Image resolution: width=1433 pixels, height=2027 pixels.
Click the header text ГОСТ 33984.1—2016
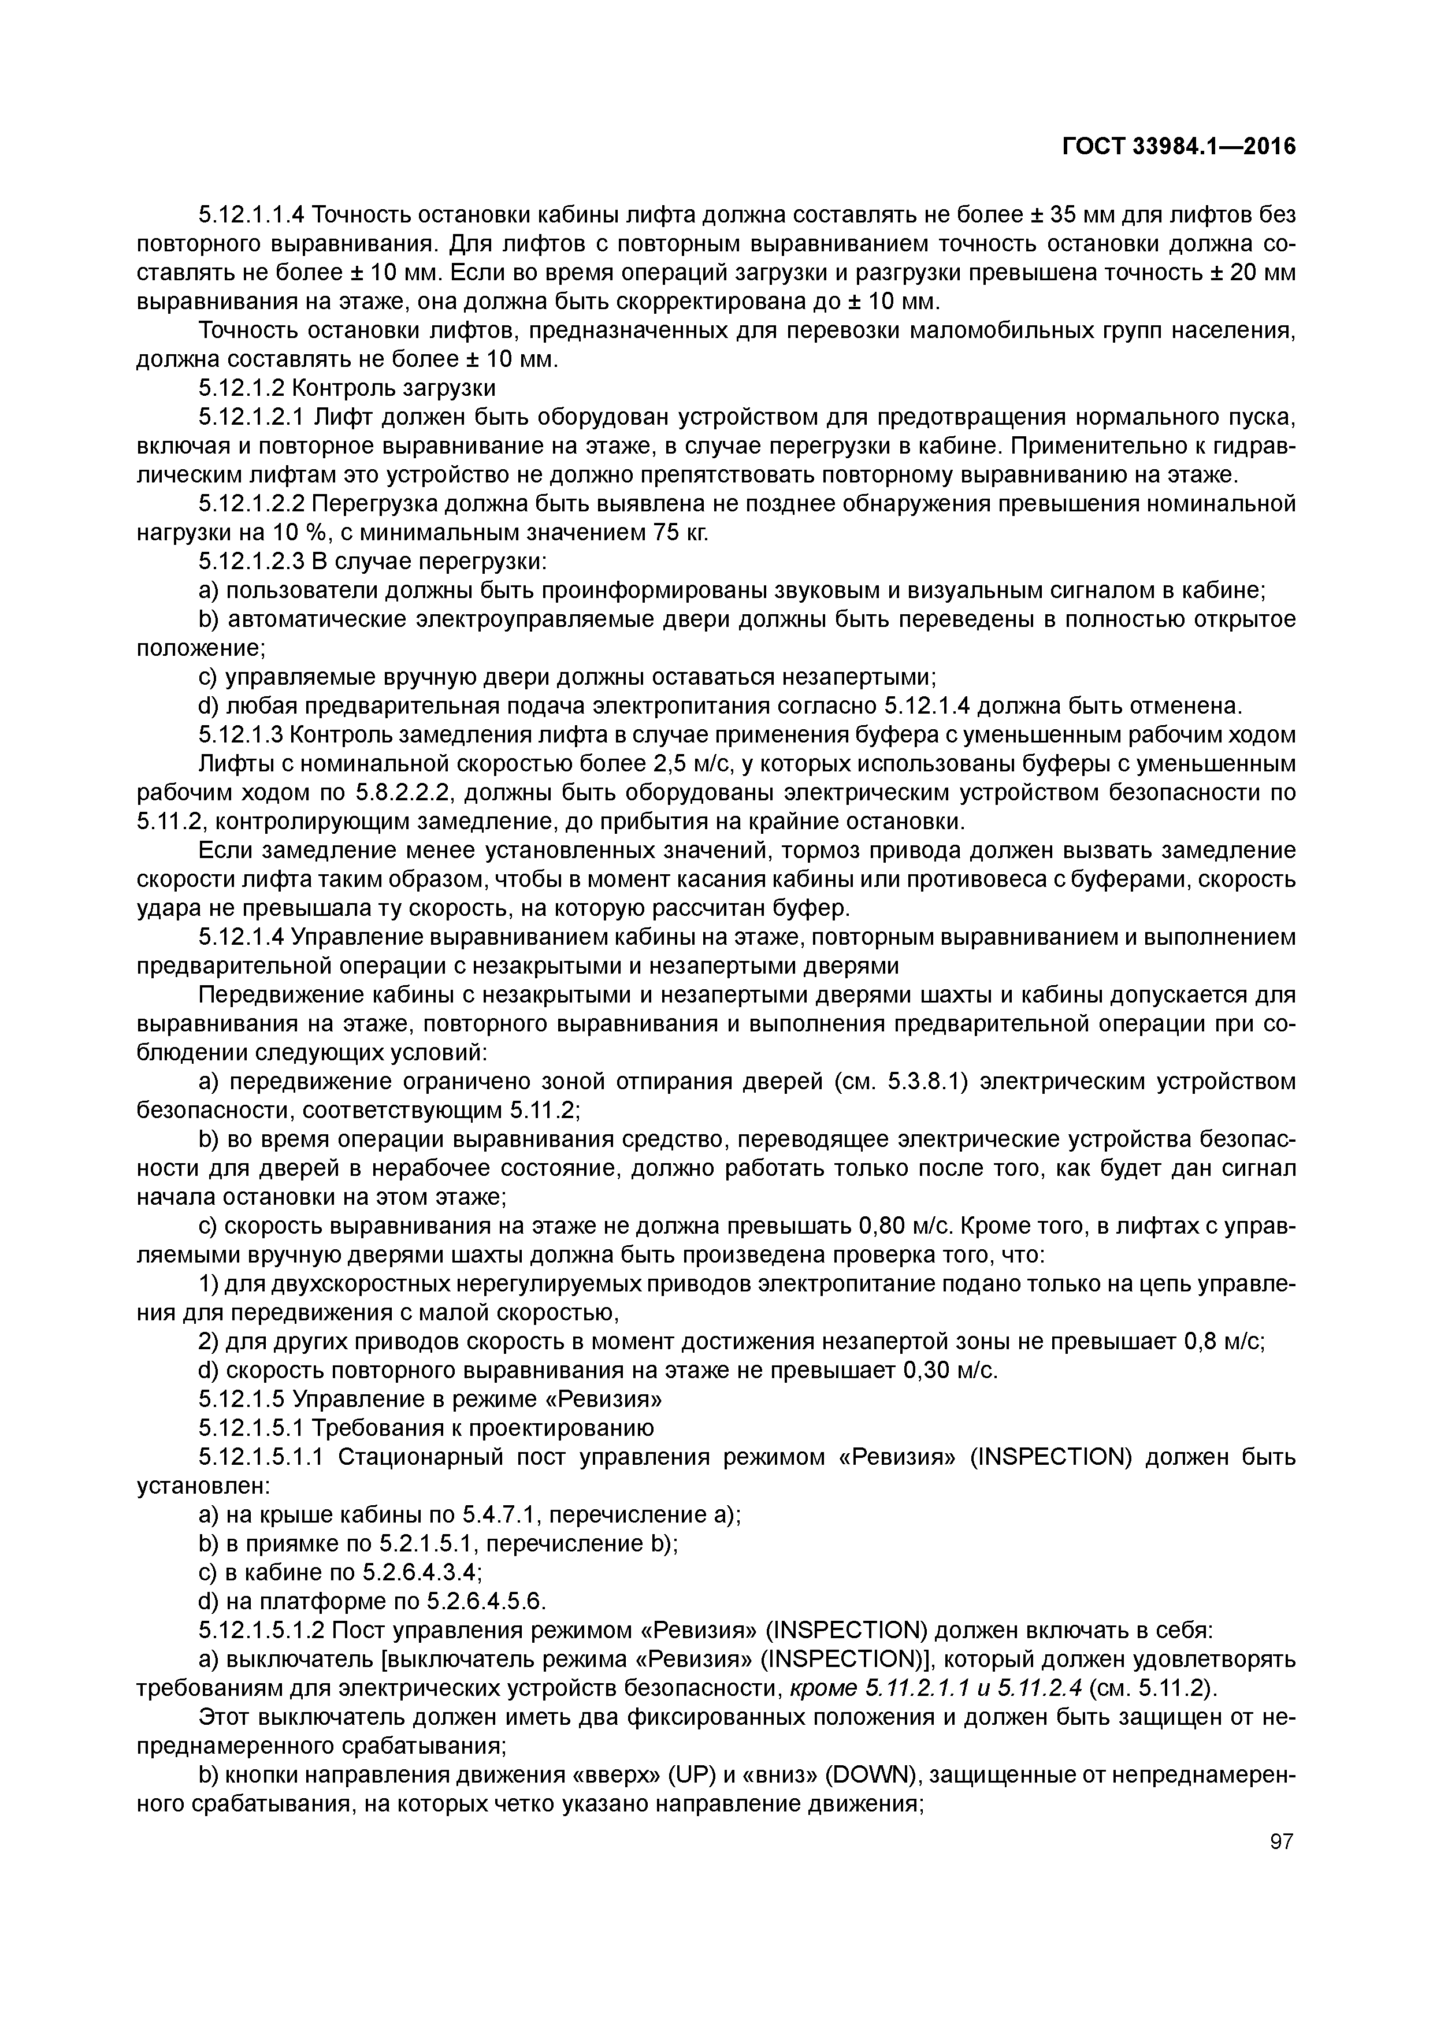click(1179, 147)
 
